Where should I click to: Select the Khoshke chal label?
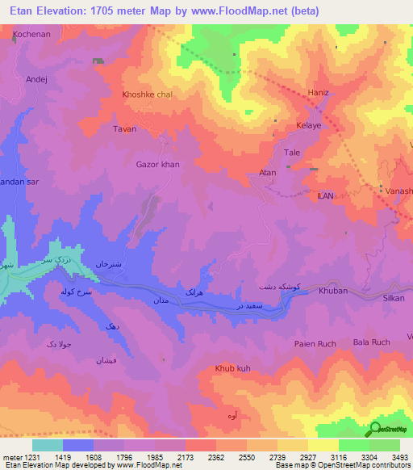click(147, 94)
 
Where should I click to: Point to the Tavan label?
click(124, 129)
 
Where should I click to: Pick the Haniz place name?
click(319, 93)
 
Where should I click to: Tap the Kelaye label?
click(308, 126)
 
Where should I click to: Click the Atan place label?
click(267, 173)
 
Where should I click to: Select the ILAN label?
click(325, 195)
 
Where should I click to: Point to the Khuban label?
click(332, 290)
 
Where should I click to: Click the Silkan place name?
click(393, 298)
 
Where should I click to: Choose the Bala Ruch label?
click(371, 342)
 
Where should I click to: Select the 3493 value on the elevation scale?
click(389, 456)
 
